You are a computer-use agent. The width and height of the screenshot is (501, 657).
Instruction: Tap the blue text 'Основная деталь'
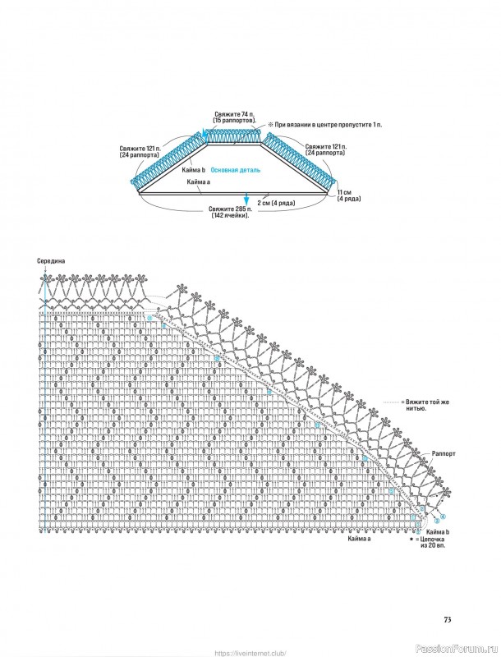pos(235,170)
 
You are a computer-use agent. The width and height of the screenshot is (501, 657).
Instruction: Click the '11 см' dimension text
pos(344,191)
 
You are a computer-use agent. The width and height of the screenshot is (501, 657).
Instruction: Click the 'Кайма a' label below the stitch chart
pos(359,539)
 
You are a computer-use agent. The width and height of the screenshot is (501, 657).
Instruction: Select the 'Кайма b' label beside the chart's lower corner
pos(436,532)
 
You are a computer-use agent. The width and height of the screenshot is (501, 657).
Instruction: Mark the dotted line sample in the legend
pos(393,403)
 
